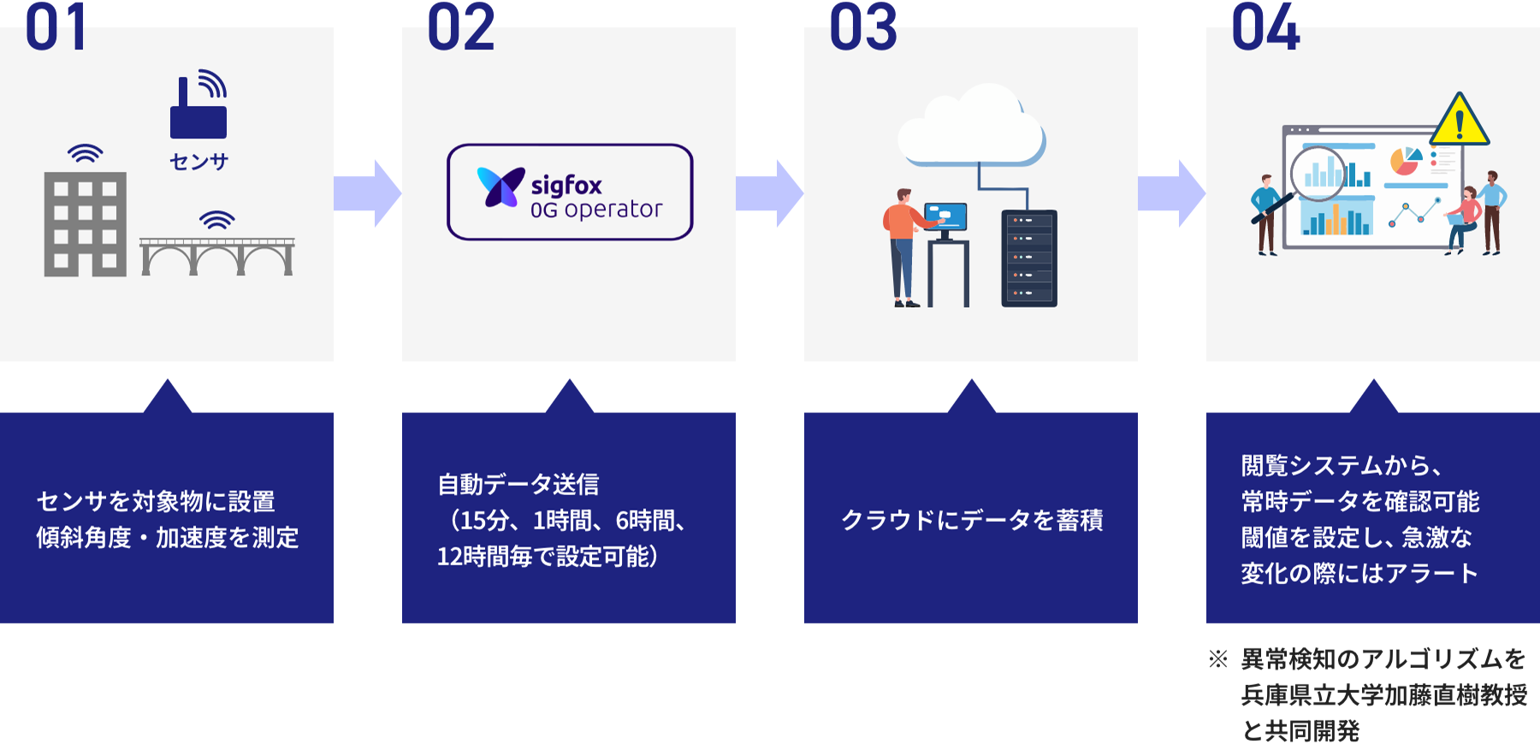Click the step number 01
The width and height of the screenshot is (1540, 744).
(56, 28)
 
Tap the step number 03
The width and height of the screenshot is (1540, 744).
(863, 28)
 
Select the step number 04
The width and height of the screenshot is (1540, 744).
(1265, 28)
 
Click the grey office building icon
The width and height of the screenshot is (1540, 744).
(86, 223)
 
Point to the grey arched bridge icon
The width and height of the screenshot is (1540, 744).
(217, 256)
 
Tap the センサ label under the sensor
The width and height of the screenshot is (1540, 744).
(198, 162)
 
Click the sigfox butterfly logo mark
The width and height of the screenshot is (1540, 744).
(500, 187)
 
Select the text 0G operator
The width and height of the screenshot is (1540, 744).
(596, 210)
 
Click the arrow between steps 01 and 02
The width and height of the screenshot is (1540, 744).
(367, 193)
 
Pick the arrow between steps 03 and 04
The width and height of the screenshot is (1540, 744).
(1171, 193)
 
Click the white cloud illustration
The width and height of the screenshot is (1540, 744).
(971, 126)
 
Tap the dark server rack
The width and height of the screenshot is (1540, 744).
(1029, 258)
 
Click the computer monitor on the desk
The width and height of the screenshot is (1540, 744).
(946, 217)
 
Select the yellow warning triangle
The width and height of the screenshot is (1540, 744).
(1460, 121)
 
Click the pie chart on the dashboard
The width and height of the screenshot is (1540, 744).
(1406, 160)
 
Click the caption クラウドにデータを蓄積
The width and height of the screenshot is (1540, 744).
(972, 520)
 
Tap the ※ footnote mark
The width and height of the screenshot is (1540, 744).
(1218, 659)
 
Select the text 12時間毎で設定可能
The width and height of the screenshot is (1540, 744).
(548, 557)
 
